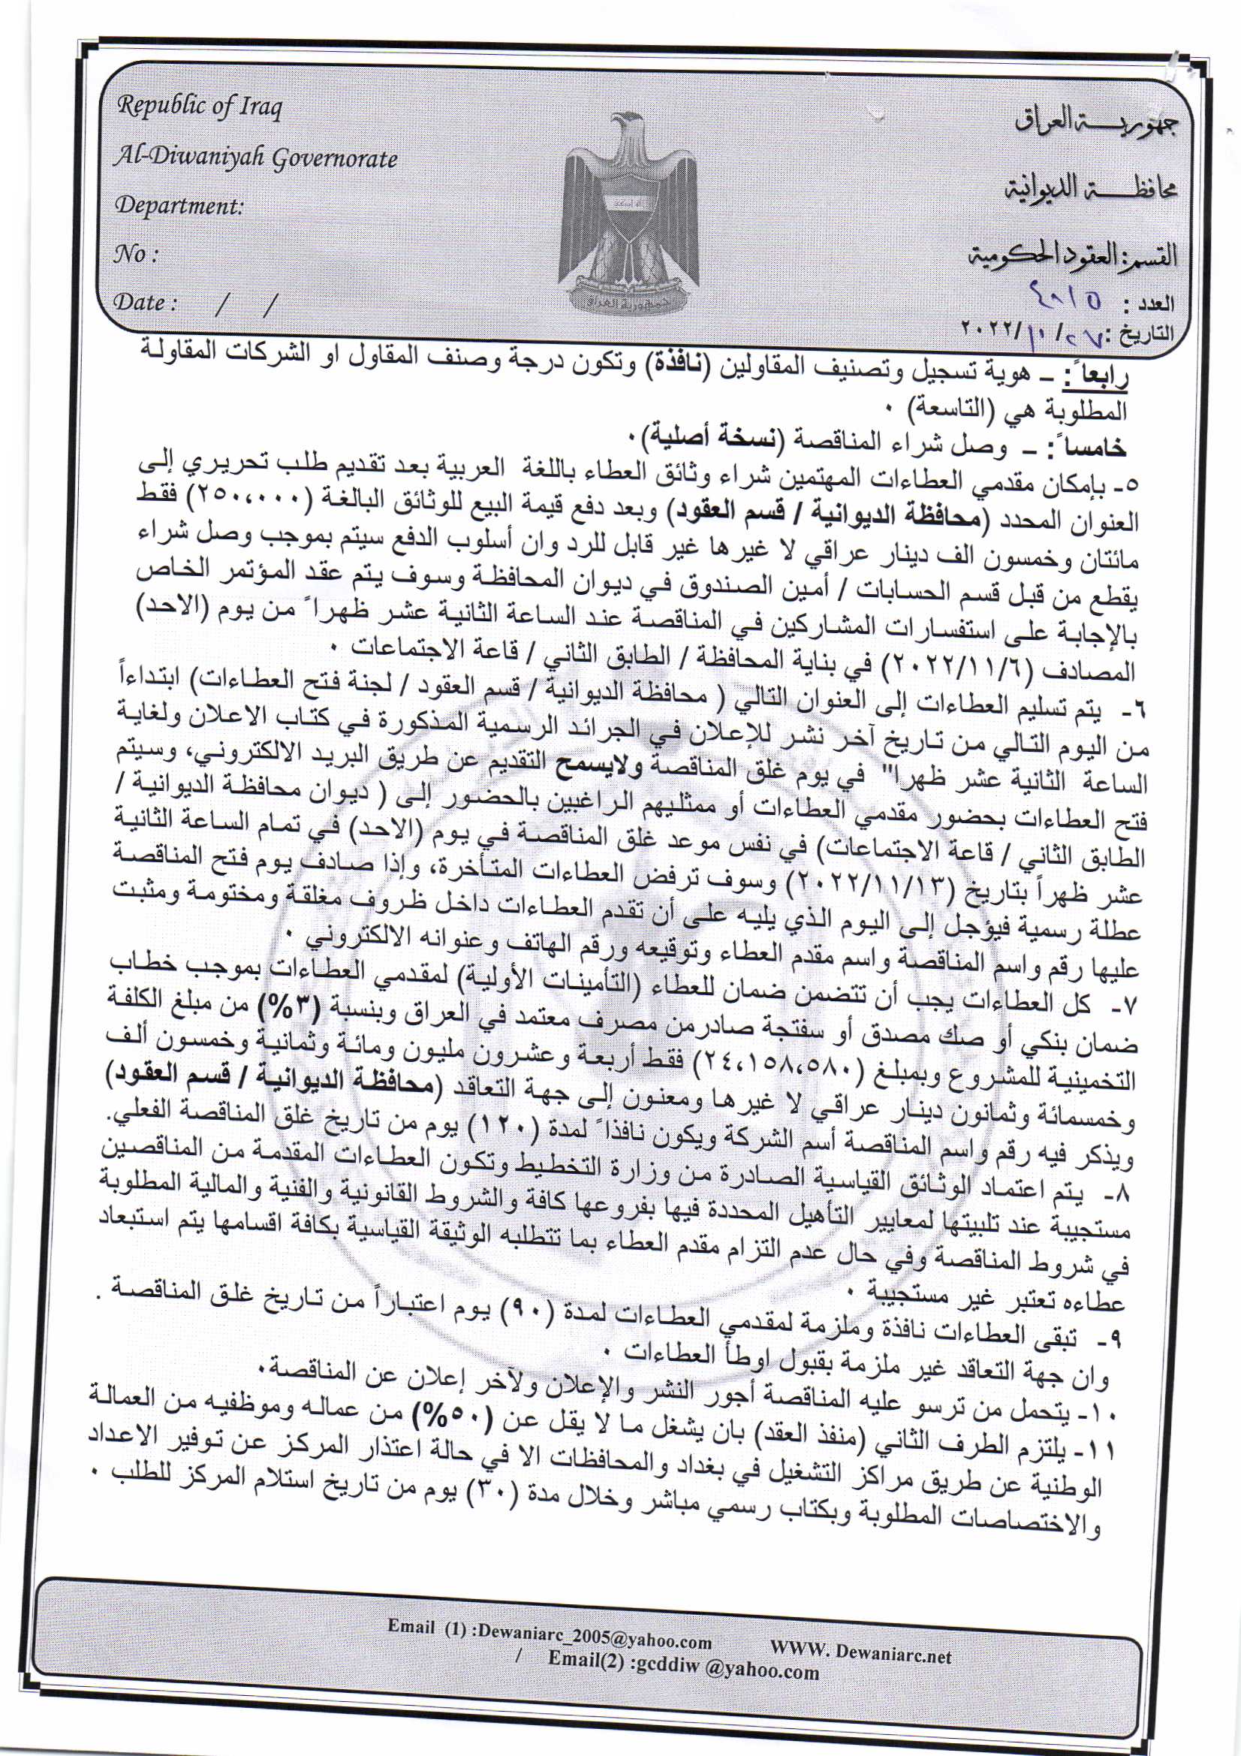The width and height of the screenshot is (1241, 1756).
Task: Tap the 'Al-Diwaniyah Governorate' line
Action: (255, 158)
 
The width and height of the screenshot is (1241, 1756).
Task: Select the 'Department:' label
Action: (179, 206)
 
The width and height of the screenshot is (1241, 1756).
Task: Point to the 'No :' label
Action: (134, 254)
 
